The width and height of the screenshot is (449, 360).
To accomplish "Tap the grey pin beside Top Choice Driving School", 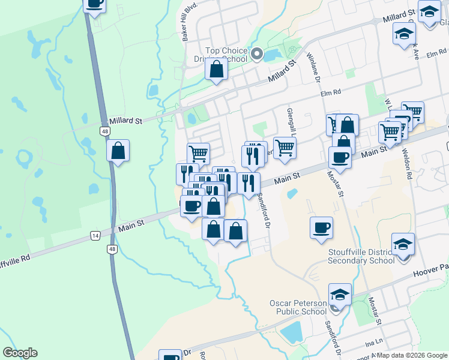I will click(258, 55).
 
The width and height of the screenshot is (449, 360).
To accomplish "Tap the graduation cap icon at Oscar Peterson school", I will click(340, 295).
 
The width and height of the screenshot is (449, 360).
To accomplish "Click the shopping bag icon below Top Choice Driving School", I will click(216, 70).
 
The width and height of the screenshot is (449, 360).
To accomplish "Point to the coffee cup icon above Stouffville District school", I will click(321, 228).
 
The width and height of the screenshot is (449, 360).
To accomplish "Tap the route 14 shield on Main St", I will click(95, 236).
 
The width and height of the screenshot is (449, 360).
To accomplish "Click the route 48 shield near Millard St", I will click(105, 131).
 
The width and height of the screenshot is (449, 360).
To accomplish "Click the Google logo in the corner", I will click(20, 353).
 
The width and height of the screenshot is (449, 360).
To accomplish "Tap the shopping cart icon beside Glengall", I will click(285, 147).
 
